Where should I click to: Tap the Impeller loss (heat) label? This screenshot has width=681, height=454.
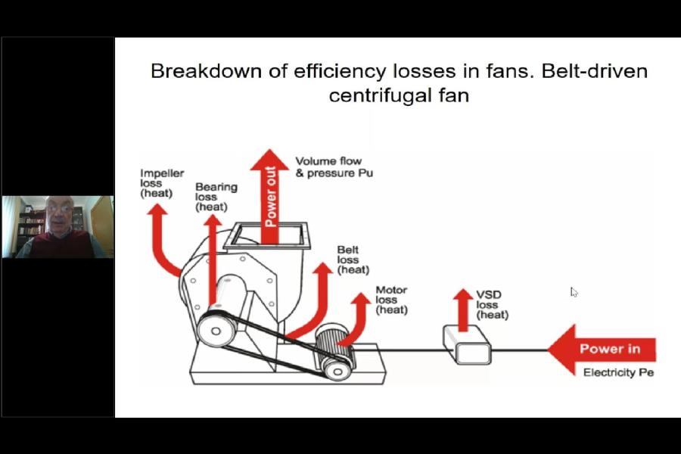click(162, 183)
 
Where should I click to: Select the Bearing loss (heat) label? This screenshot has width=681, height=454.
click(216, 196)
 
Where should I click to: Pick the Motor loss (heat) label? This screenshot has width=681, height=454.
click(391, 300)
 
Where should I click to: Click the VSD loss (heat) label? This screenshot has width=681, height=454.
click(492, 304)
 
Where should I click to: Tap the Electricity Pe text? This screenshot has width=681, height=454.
click(618, 373)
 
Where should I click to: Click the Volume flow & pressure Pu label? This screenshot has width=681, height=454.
click(334, 166)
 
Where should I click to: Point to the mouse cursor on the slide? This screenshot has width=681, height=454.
click(574, 291)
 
